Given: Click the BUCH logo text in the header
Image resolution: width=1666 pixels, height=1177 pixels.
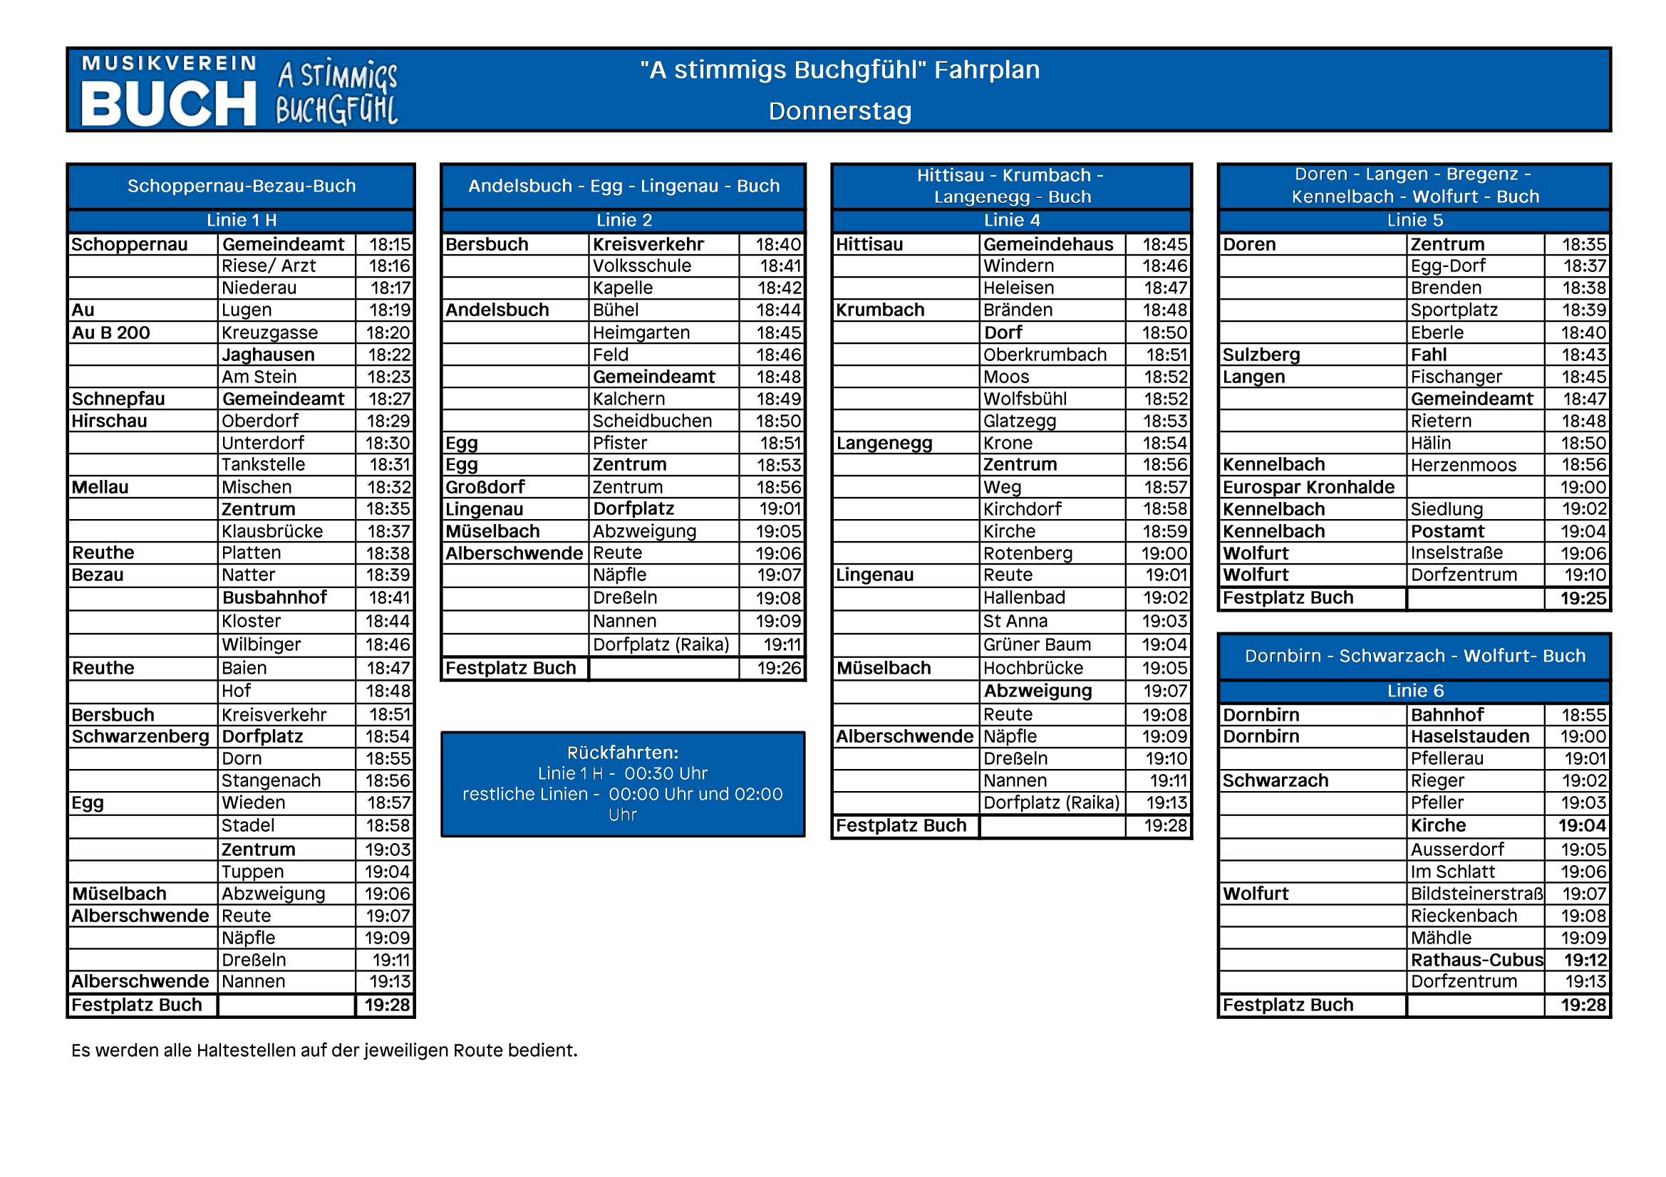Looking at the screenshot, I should [x=168, y=104].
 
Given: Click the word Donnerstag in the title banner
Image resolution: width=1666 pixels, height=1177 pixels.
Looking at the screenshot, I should [x=839, y=111].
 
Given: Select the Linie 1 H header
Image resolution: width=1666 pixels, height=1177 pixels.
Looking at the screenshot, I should [x=241, y=221].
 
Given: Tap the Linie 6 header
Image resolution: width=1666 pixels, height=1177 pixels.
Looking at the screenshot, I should [x=1414, y=691].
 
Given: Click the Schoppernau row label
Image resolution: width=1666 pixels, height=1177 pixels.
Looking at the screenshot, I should [x=129, y=244].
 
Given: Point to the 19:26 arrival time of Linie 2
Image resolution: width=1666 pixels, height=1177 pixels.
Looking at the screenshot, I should [x=779, y=668].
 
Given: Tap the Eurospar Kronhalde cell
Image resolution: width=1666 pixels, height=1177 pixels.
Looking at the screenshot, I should [x=1308, y=486].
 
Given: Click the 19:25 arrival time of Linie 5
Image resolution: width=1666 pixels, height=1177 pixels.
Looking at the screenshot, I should [x=1583, y=598].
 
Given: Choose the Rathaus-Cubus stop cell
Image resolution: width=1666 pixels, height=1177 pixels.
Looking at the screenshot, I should [x=1476, y=959].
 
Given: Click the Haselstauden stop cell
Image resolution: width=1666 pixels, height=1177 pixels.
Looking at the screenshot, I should [x=1469, y=736].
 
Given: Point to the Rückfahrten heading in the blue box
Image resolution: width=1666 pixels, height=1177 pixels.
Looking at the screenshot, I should [x=623, y=752].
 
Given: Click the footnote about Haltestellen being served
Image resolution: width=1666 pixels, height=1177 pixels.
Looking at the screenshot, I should [x=324, y=1050].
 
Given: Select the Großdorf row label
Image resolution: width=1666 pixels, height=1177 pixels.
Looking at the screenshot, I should [x=485, y=486].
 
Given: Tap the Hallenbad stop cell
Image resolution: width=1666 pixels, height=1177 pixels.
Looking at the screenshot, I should [x=1024, y=597].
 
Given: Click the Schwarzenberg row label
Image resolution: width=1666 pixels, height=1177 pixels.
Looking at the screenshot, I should [x=140, y=736].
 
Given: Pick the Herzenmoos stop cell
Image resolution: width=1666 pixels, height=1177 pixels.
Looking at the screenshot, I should [x=1463, y=465].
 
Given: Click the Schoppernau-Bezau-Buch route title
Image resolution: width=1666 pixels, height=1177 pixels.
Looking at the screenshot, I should [x=241, y=187].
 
